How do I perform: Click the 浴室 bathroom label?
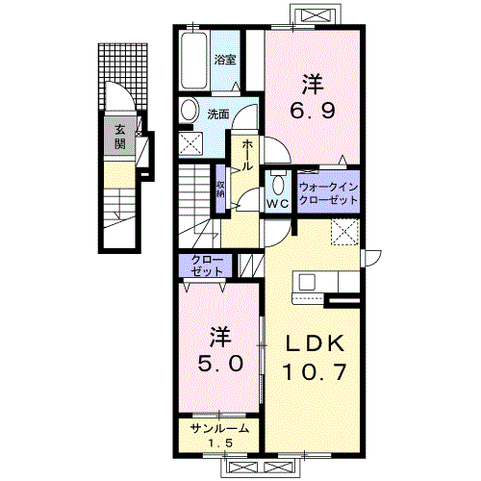click(x=225, y=60)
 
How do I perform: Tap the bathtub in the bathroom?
click(x=193, y=61)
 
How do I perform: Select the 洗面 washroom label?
click(x=217, y=114)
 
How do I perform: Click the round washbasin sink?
click(x=189, y=110)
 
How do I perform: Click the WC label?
click(x=278, y=204)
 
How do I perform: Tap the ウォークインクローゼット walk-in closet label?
click(x=328, y=193)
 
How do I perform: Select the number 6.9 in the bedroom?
click(x=313, y=111)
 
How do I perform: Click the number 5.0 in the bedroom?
click(x=220, y=364)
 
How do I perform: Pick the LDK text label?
click(x=315, y=343)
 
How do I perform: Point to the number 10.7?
click(x=315, y=372)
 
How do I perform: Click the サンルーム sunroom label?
click(x=219, y=428)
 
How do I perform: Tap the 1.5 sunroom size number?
click(x=220, y=443)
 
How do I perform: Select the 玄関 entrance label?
click(x=120, y=137)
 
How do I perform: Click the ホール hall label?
click(x=246, y=155)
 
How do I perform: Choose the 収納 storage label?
click(x=220, y=190)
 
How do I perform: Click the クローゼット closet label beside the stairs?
click(x=206, y=266)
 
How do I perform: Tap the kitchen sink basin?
click(x=307, y=282)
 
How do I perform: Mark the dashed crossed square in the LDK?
click(x=344, y=232)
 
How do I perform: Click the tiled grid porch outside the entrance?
click(x=123, y=76)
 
